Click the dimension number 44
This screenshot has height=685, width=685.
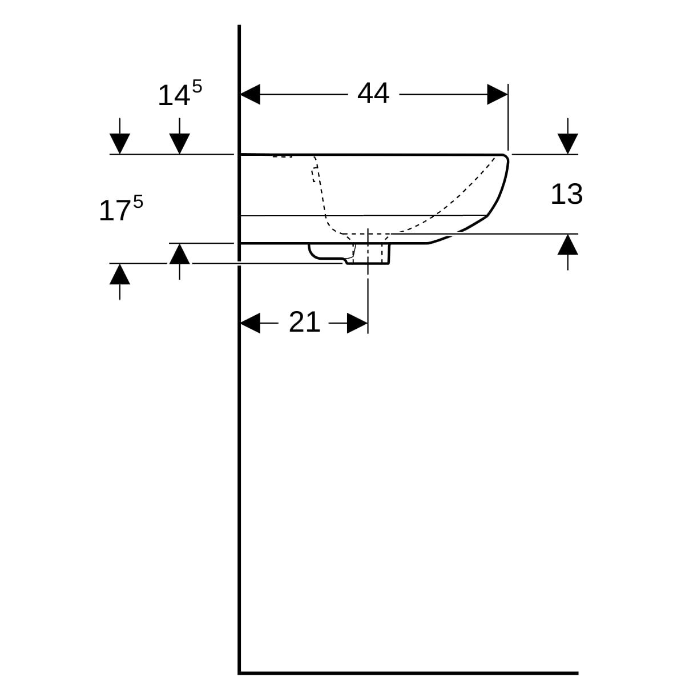coord(373,94)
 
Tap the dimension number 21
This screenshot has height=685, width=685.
coord(304,323)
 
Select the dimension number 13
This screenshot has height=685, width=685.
coord(567,195)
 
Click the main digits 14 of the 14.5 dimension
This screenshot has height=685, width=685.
coord(174,96)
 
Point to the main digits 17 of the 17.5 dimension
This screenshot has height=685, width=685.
coord(114,211)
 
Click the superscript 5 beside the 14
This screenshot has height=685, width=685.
coord(197,86)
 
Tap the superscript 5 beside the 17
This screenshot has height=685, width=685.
coord(138,202)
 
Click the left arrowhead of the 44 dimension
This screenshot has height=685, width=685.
coord(250,94)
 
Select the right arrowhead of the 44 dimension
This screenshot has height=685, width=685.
coord(497,94)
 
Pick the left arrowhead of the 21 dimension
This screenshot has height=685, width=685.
coord(250,323)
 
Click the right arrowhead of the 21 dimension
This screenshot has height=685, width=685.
coord(357,323)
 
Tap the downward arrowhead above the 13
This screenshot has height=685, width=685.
coord(567,144)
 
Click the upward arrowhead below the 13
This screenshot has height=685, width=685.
coord(567,244)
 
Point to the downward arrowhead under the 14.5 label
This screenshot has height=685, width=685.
coord(179,144)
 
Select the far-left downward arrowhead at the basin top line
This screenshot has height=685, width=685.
coord(120,144)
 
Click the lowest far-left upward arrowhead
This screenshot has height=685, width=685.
coord(120,274)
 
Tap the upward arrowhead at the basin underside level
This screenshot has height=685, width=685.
coord(179,254)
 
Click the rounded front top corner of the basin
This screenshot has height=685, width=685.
coord(505,157)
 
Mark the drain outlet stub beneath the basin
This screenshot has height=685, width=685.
coord(368,253)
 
